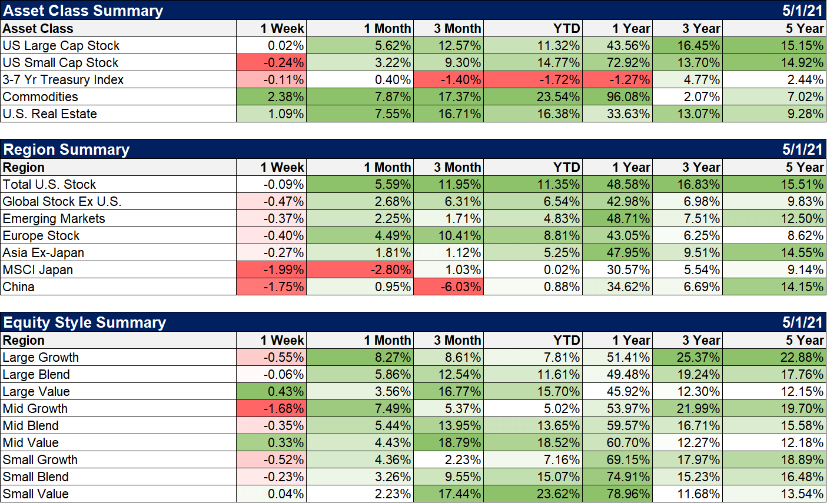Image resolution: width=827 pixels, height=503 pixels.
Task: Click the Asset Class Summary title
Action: (x=83, y=11)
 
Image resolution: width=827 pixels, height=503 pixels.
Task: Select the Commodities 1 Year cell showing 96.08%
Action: (x=617, y=96)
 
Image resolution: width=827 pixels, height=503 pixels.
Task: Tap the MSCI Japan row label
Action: (x=38, y=269)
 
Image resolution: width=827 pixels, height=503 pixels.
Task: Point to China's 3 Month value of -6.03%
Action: (x=449, y=287)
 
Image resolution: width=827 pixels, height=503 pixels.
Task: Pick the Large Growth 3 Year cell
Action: (x=687, y=357)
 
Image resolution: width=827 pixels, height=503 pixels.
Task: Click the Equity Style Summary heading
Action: (x=85, y=322)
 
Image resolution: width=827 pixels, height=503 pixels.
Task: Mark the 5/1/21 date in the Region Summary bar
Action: (x=802, y=149)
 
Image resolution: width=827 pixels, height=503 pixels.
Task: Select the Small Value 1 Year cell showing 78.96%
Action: (x=617, y=494)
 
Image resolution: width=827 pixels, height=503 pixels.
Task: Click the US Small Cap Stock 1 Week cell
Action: (x=272, y=62)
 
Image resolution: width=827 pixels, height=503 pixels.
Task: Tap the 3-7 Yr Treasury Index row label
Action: (x=63, y=79)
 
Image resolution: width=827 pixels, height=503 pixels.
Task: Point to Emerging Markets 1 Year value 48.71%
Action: (x=617, y=218)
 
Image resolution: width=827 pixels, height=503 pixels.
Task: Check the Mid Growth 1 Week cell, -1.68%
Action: (x=272, y=408)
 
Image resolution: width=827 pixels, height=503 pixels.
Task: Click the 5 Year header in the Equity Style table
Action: (x=804, y=340)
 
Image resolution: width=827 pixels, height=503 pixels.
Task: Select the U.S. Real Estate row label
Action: (x=49, y=114)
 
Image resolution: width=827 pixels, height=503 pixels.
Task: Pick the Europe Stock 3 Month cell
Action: (x=449, y=235)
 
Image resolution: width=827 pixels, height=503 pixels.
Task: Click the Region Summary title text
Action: (x=67, y=149)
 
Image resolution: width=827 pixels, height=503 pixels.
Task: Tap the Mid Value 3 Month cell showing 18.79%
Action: (x=449, y=442)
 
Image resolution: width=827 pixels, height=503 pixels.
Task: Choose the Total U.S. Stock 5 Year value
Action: (x=775, y=184)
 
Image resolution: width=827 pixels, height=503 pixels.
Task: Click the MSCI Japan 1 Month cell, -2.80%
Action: (x=360, y=269)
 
